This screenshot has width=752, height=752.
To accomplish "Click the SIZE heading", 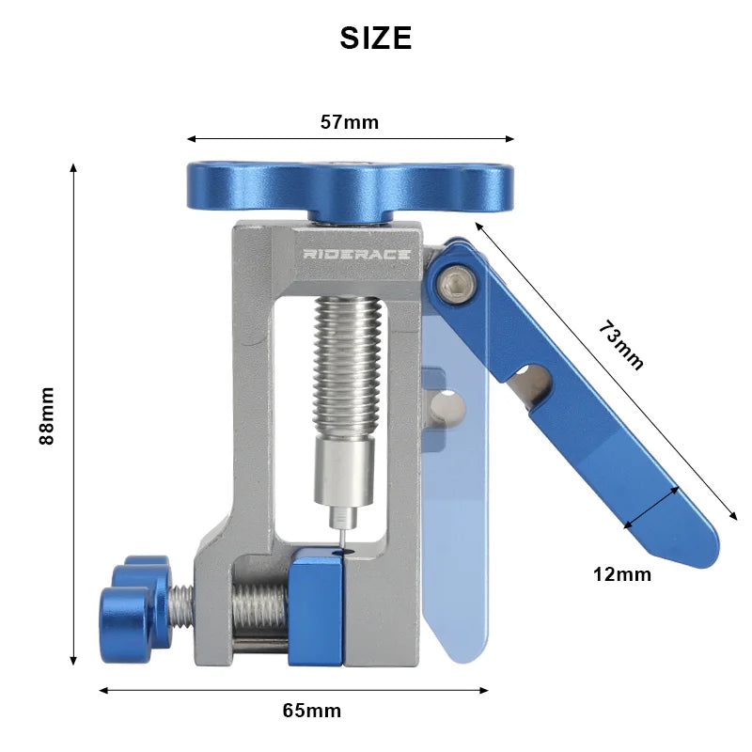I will [x=375, y=38].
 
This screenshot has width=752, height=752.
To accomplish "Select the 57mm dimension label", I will [x=349, y=121].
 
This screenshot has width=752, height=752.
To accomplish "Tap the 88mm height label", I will [x=47, y=415].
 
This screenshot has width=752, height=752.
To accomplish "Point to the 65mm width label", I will [x=311, y=711].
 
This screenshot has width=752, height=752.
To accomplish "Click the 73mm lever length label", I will [x=621, y=346].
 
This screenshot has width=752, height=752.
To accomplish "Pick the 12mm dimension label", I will [x=622, y=574].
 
